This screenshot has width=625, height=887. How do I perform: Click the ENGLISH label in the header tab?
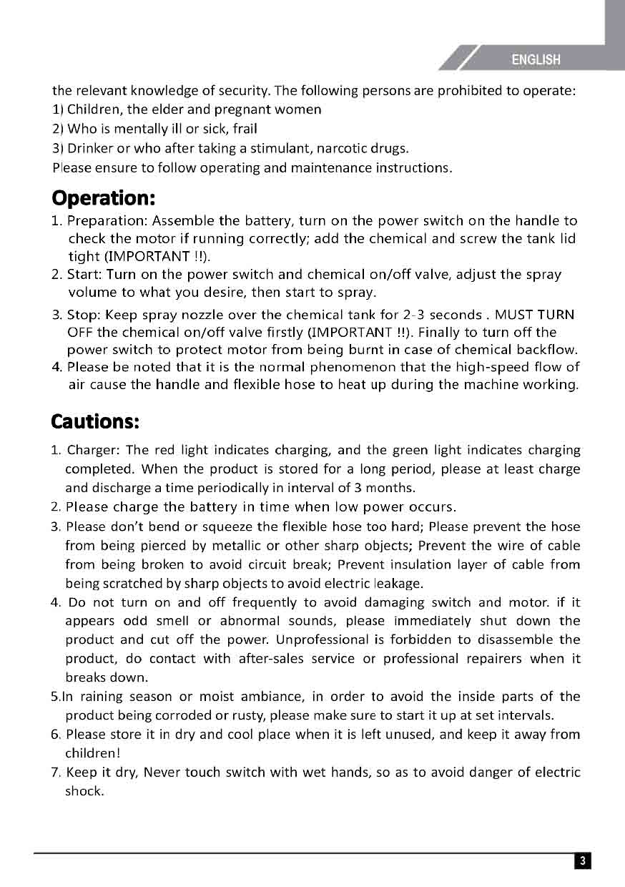click(x=536, y=60)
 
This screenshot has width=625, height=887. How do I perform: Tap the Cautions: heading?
click(x=94, y=421)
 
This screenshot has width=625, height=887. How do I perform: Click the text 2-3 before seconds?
click(x=415, y=315)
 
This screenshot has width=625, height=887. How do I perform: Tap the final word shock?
click(x=84, y=791)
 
